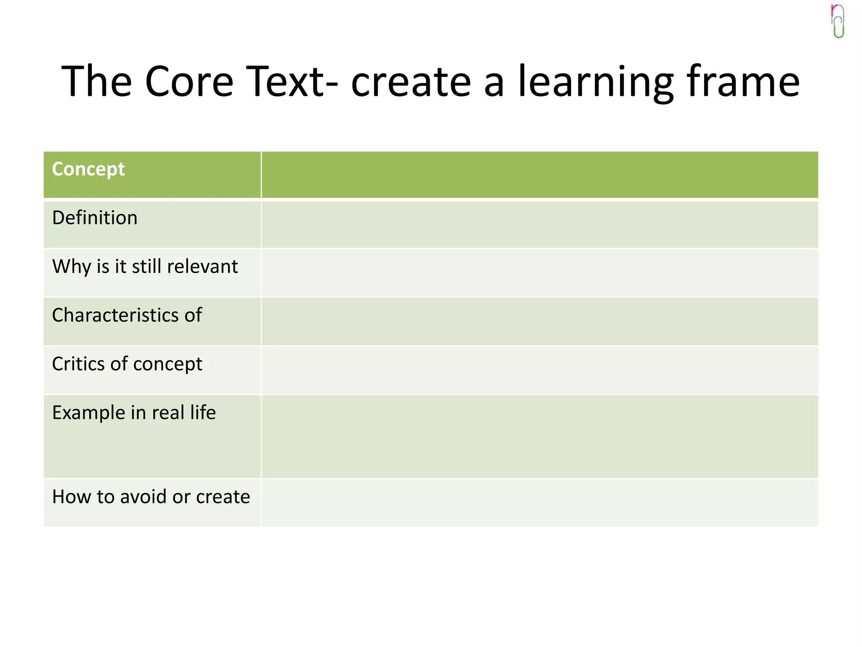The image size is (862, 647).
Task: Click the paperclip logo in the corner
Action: tap(838, 21)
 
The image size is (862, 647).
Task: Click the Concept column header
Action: tap(88, 169)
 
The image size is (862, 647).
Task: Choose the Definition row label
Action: tap(95, 218)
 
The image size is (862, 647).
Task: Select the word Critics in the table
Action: tap(78, 364)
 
